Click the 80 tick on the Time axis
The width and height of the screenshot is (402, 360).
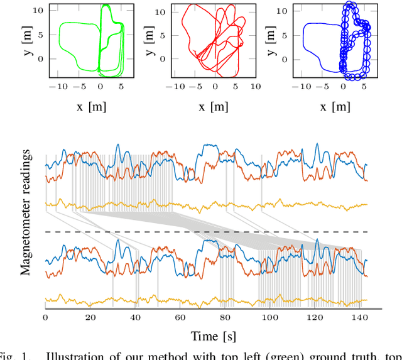[225, 319]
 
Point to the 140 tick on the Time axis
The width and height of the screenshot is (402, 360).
[359, 319]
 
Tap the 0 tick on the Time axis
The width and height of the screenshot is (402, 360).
[45, 319]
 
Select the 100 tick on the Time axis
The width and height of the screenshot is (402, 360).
[269, 319]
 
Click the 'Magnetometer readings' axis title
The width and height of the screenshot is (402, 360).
[26, 212]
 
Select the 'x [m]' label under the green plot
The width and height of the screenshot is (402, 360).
[91, 106]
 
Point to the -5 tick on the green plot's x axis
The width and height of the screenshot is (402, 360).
[79, 88]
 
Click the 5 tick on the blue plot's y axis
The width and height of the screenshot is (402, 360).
[285, 35]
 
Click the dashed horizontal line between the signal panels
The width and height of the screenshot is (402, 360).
[207, 232]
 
